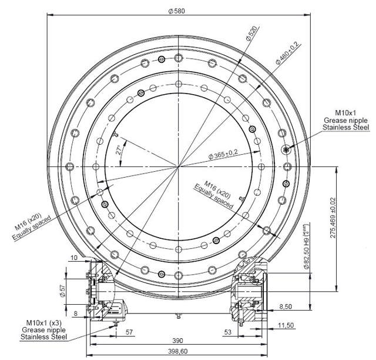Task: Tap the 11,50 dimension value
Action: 287,325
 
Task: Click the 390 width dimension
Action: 176,340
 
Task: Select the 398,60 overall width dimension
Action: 176,351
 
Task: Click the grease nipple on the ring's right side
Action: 286,149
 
